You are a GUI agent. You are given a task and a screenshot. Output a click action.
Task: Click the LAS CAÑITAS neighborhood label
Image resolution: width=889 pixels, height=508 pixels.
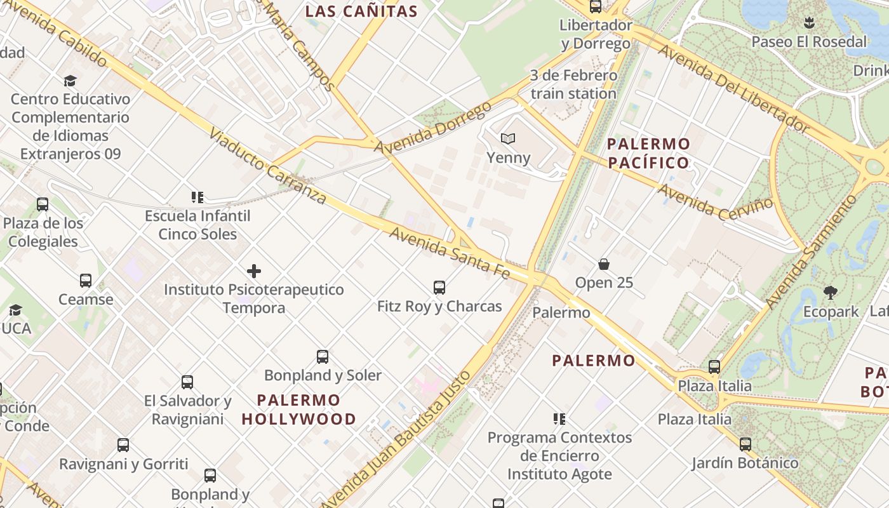(361, 11)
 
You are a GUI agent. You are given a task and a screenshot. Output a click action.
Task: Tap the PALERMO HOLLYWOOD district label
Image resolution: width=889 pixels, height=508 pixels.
(299, 410)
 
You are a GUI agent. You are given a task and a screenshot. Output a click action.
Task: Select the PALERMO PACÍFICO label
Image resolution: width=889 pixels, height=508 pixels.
(648, 153)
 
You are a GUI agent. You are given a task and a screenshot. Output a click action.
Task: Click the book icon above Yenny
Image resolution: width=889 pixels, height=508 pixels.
(508, 138)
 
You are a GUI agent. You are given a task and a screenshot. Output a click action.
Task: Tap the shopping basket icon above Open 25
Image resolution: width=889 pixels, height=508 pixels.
(603, 264)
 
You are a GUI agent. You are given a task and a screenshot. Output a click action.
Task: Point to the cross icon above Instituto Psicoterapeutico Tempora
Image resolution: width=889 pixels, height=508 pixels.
(254, 271)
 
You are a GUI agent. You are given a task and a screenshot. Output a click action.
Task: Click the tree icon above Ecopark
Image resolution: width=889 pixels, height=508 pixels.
(830, 293)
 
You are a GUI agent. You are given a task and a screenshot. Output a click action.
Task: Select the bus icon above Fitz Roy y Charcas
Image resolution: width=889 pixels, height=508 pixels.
(439, 287)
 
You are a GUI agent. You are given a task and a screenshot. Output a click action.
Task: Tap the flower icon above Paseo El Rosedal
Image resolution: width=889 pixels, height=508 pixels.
(808, 23)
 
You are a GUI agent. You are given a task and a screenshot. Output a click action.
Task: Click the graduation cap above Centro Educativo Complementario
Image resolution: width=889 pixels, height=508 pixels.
(70, 81)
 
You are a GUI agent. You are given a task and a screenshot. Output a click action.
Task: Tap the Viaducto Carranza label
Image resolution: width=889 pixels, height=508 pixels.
(267, 167)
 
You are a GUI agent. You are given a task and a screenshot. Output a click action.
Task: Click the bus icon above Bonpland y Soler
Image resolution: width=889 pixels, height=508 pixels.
(323, 357)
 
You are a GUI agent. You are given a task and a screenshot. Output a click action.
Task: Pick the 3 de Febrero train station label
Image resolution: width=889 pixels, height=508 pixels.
(573, 84)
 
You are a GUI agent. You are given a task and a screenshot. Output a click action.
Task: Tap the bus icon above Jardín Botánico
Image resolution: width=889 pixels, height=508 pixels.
(745, 444)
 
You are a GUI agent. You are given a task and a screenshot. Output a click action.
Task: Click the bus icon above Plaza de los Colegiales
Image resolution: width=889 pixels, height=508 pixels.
(43, 204)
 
